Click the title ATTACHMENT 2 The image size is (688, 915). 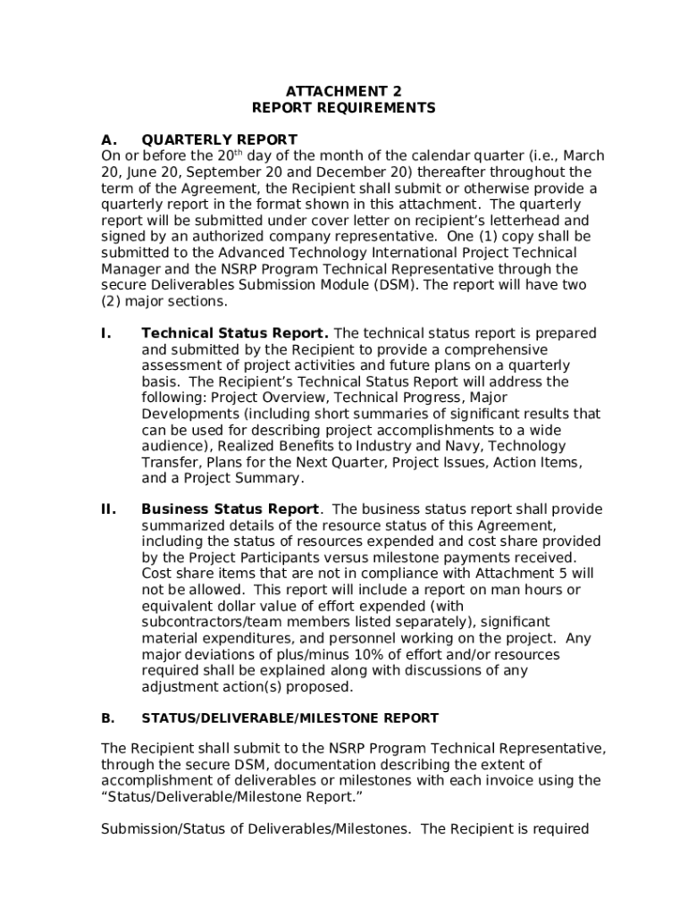click(343, 91)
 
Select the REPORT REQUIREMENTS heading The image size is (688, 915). click(343, 108)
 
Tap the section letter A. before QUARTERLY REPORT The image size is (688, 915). click(109, 139)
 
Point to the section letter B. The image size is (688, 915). click(108, 718)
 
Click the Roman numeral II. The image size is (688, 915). click(108, 509)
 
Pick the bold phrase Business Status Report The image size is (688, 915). click(230, 509)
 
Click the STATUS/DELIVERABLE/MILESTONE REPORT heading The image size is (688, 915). click(289, 718)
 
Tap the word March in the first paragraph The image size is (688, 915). click(583, 155)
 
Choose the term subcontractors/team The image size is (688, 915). click(200, 622)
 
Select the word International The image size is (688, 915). click(379, 253)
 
